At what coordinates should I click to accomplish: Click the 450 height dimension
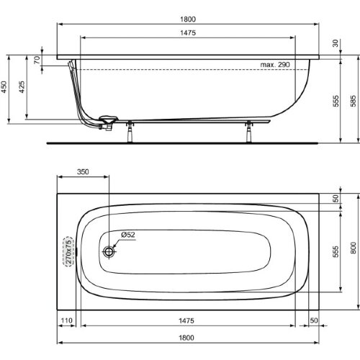point(5,88)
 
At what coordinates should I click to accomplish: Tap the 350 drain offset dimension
point(83,173)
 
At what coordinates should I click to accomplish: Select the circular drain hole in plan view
point(109,252)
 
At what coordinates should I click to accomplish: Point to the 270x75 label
point(69,252)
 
